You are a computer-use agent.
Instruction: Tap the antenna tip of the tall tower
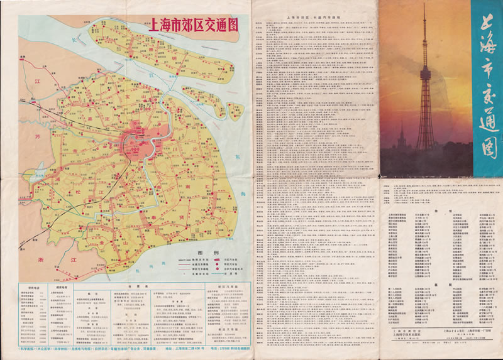424,5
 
